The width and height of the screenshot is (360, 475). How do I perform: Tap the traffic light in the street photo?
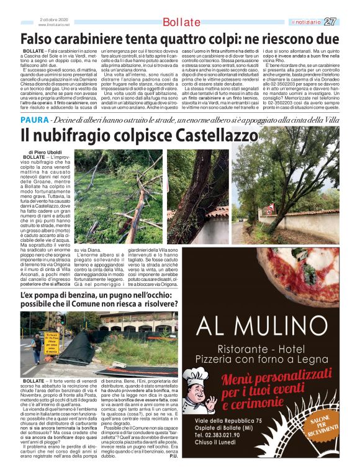click(62, 321)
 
